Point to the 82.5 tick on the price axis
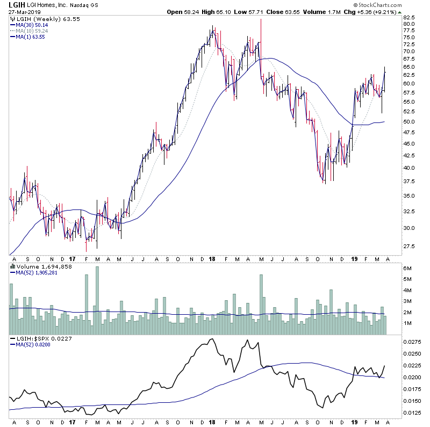(410, 17)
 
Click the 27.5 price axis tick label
(410, 246)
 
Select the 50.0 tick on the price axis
(410, 122)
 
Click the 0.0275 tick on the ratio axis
(411, 342)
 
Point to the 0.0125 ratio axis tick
(411, 412)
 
